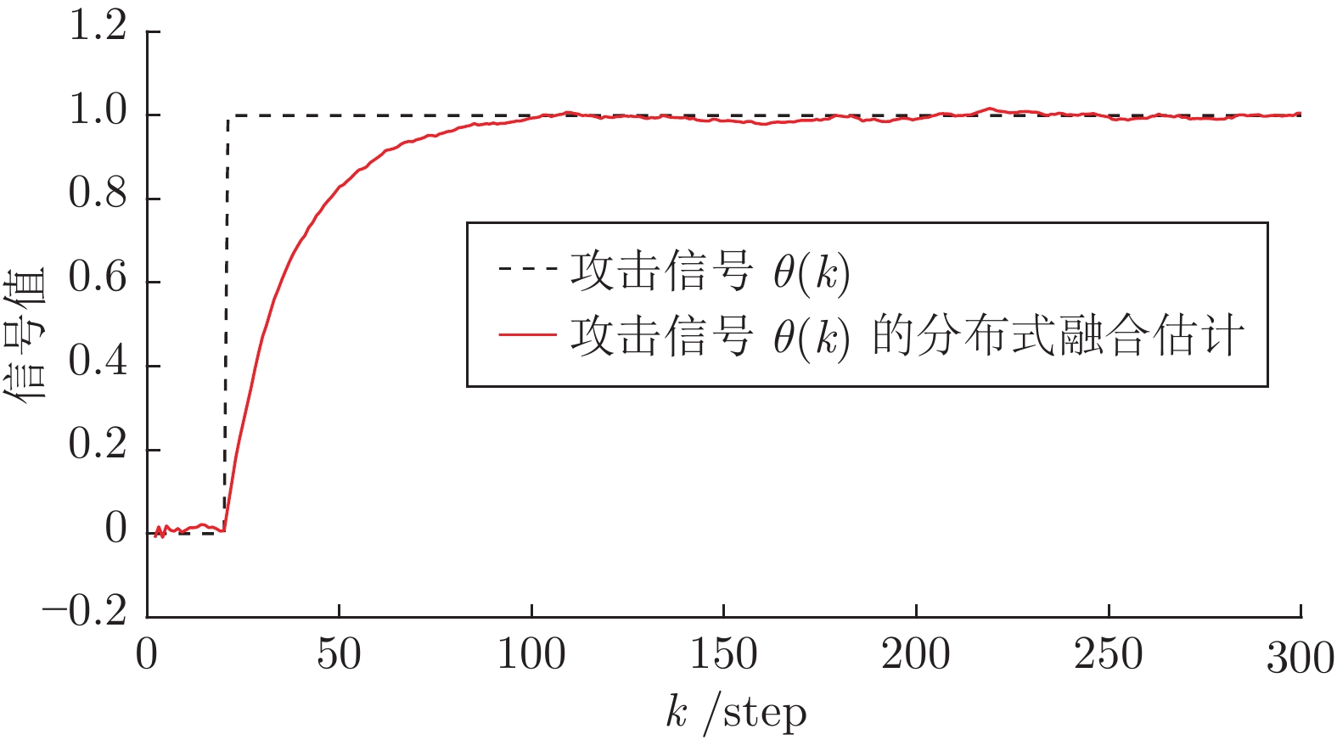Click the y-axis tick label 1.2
(x=97, y=27)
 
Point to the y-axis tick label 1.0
(x=97, y=111)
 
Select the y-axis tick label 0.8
(x=97, y=194)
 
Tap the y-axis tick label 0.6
(x=97, y=277)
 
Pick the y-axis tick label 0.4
(x=97, y=362)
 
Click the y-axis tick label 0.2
(x=97, y=445)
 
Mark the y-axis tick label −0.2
(x=84, y=611)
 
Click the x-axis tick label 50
(x=339, y=655)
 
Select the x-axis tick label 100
(x=531, y=655)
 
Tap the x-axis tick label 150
(x=723, y=655)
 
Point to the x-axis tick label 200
(x=915, y=655)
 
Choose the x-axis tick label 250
(x=1108, y=655)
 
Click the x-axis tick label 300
(x=1300, y=658)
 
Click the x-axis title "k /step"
(x=735, y=713)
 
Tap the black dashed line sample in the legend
(x=527, y=270)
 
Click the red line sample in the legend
(x=527, y=334)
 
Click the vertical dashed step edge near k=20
(x=227, y=322)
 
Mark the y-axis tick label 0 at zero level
(x=115, y=530)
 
